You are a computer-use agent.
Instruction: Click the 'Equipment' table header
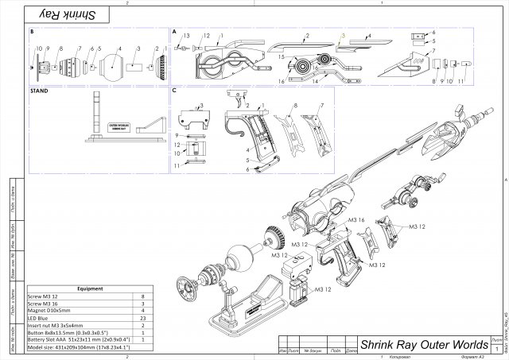point(82,289)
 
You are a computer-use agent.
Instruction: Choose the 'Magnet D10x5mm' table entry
point(52,311)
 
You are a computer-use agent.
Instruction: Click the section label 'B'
point(31,33)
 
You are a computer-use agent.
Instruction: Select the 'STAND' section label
point(38,91)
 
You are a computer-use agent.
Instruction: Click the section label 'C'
point(175,91)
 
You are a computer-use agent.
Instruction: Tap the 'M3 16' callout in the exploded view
point(355,219)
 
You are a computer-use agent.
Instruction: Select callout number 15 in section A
point(281,57)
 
